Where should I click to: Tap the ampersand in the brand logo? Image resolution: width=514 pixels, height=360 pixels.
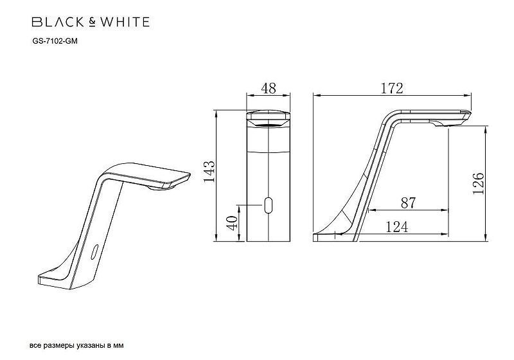(x=91, y=22)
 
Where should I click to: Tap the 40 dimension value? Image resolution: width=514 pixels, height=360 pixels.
(x=232, y=222)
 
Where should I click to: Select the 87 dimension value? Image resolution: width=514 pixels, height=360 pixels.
(x=407, y=203)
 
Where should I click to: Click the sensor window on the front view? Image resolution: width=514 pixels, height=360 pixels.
(x=269, y=206)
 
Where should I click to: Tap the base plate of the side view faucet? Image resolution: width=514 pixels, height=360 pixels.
(x=334, y=237)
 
